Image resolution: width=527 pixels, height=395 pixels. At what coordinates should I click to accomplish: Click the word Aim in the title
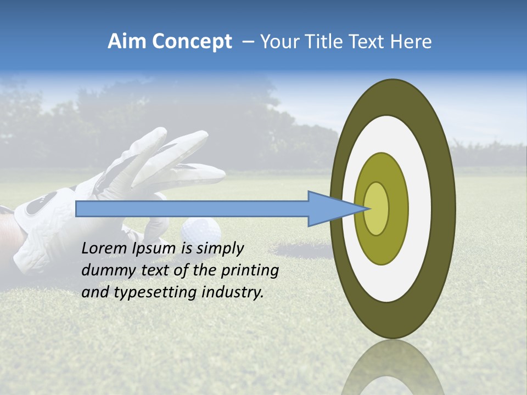coord(127,42)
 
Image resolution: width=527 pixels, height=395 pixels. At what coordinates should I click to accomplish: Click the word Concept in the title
coord(192,42)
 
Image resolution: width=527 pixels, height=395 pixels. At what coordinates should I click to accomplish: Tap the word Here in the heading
coord(411,42)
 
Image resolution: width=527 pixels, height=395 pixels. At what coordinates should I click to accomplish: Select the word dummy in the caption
coord(105,270)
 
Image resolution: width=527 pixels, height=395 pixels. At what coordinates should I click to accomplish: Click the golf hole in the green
coord(302,250)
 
